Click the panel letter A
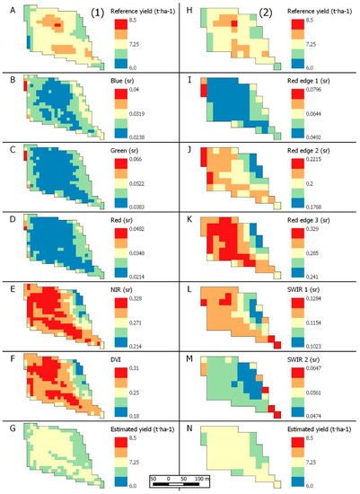click(7, 7)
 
